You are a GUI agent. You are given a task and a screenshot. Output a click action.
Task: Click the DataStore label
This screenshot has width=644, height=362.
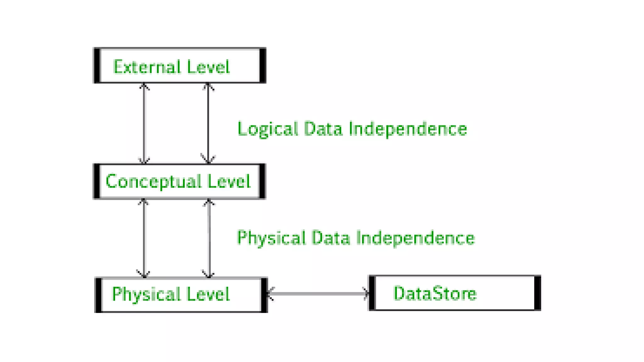click(435, 293)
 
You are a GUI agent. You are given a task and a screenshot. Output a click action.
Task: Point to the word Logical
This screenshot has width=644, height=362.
click(267, 129)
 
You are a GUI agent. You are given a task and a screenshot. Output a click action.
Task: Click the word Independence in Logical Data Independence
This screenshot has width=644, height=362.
click(408, 129)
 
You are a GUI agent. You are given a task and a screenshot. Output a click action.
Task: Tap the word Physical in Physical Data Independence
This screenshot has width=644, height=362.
click(271, 238)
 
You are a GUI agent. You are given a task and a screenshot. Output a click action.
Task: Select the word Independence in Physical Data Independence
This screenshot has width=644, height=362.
click(415, 238)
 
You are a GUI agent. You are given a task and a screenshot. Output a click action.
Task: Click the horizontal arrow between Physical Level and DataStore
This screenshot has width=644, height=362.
click(318, 293)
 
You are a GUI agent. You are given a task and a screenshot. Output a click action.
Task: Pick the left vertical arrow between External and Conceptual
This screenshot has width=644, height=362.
click(144, 123)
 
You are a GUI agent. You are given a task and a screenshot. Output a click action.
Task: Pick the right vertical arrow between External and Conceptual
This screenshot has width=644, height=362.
click(208, 123)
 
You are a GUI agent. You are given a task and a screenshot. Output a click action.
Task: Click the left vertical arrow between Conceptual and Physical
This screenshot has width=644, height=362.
click(144, 238)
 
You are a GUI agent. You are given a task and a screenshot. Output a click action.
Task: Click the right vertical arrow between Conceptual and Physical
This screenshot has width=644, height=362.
click(209, 238)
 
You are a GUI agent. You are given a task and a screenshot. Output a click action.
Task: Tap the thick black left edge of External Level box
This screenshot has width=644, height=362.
click(97, 65)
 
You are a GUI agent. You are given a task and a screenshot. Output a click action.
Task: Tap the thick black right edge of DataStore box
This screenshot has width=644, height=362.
click(537, 293)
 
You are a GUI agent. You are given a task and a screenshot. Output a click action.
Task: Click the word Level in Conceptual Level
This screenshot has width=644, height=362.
click(229, 182)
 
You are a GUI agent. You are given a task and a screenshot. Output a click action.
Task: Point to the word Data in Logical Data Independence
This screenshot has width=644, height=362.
click(323, 129)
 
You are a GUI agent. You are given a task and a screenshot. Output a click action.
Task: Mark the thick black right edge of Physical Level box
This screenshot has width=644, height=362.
click(264, 295)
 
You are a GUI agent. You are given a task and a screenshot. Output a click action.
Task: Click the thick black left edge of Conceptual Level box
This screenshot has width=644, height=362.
click(97, 181)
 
